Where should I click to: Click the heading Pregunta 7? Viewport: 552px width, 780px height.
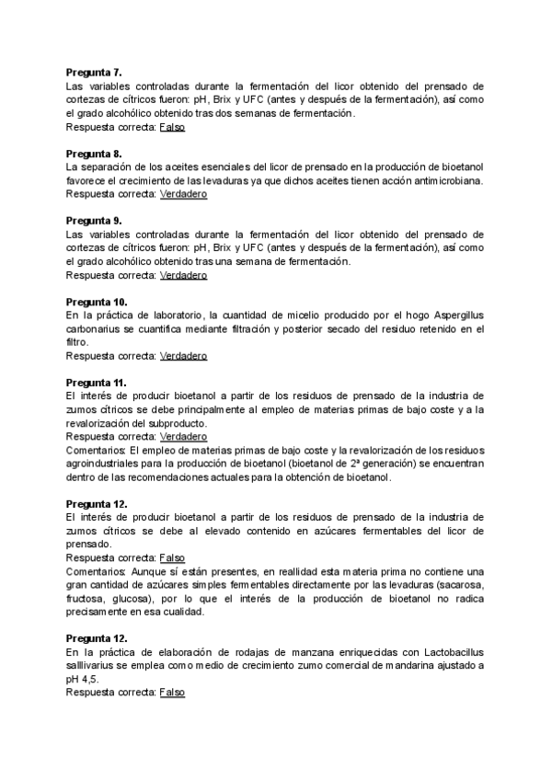pos(96,71)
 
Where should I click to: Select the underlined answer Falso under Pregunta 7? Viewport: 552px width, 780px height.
pos(172,127)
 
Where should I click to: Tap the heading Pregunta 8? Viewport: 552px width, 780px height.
pos(96,153)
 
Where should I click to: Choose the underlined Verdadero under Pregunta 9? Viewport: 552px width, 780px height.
pos(183,275)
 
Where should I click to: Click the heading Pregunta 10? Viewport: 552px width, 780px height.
pos(98,302)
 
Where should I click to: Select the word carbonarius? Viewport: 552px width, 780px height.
pos(94,328)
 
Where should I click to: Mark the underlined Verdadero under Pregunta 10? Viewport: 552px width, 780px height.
pos(183,356)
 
